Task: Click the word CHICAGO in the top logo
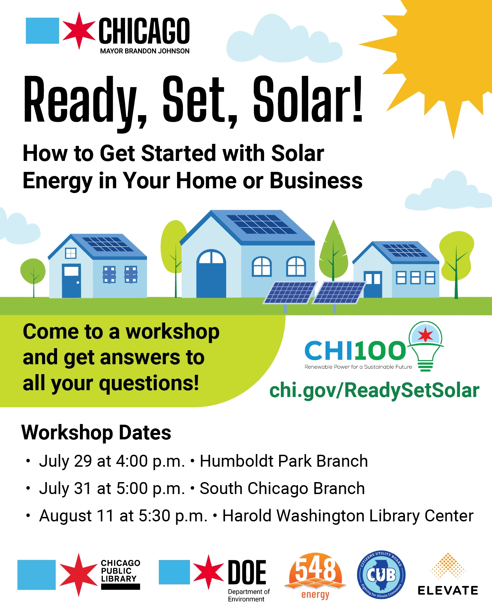click(x=144, y=31)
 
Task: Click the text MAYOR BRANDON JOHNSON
click(x=145, y=51)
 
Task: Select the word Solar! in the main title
click(x=308, y=99)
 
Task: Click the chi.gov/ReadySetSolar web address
click(x=374, y=391)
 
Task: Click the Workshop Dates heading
click(x=96, y=433)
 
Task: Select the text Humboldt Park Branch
click(x=284, y=461)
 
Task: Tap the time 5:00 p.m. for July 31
click(x=151, y=489)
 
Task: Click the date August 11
click(x=77, y=516)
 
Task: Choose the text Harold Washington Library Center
click(x=348, y=516)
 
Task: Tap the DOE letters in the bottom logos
click(x=247, y=572)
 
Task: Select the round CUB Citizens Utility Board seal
click(x=381, y=575)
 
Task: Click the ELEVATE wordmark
click(x=448, y=590)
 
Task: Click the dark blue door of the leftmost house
click(x=71, y=281)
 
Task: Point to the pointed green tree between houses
click(x=333, y=251)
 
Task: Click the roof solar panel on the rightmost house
click(x=405, y=250)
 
